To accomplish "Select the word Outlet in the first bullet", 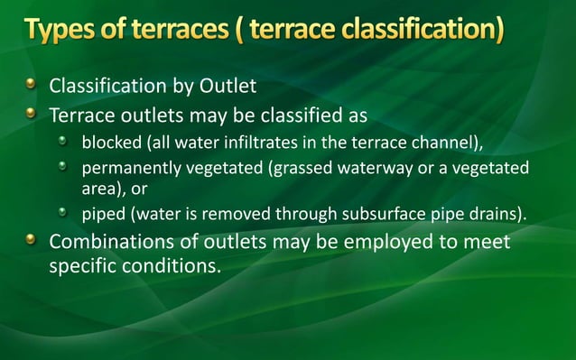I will [x=228, y=88].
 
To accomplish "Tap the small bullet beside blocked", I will [x=64, y=142].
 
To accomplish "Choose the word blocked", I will [x=106, y=143].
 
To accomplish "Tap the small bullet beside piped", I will [x=64, y=212].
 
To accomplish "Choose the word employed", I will [x=380, y=243].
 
